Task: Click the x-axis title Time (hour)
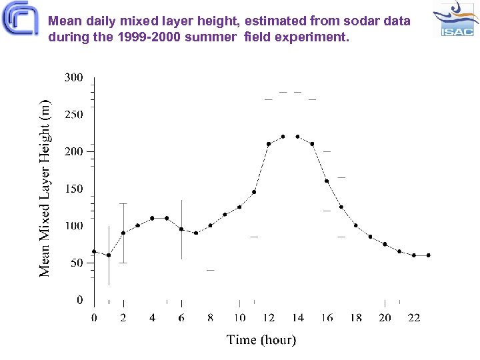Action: click(x=261, y=340)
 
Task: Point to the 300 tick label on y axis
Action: click(x=73, y=77)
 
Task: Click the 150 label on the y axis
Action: click(x=73, y=189)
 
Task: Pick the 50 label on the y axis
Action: click(x=76, y=263)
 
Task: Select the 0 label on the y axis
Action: click(x=79, y=300)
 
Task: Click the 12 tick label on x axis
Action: click(x=268, y=318)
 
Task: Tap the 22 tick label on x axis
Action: click(x=414, y=318)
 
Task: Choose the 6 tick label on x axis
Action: click(x=181, y=318)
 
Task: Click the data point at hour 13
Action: click(x=283, y=137)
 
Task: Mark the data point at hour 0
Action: click(x=94, y=251)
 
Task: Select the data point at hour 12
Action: click(x=269, y=144)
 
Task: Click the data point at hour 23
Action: click(x=429, y=255)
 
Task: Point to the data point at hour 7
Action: click(x=196, y=233)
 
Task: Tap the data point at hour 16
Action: click(x=327, y=181)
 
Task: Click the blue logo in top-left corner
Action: click(x=20, y=19)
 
